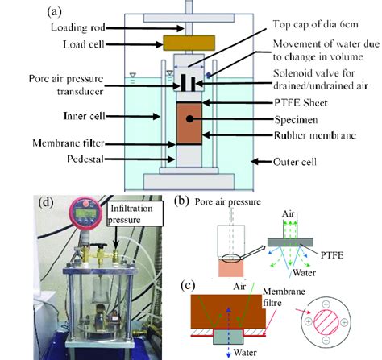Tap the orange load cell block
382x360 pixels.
[188, 40]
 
